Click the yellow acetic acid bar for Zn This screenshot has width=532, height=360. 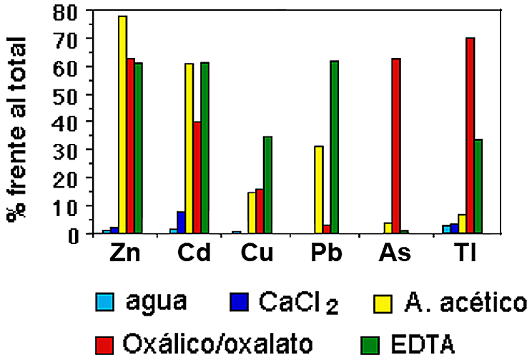coord(122,125)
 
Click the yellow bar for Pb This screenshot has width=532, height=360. coord(318,190)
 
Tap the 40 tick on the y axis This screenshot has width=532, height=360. coord(69,122)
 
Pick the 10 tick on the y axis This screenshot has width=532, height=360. coord(69,205)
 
